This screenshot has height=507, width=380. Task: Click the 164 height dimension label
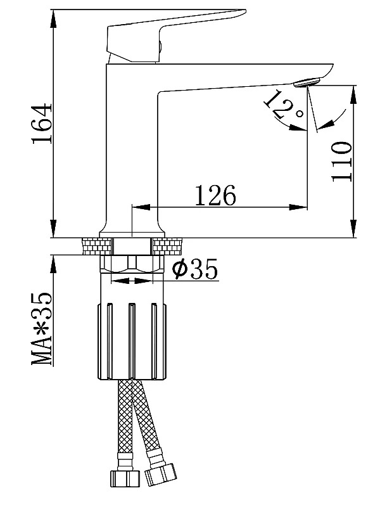coord(42,124)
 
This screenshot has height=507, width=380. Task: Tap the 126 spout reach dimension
coord(215,196)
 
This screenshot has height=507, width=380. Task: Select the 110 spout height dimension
coord(341,162)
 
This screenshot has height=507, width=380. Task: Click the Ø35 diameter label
coord(195,268)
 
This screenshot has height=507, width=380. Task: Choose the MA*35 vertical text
coord(42,328)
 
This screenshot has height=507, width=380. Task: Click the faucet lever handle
coord(175,35)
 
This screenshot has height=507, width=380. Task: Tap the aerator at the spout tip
coord(307,82)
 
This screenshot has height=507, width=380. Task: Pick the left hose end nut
coord(125,478)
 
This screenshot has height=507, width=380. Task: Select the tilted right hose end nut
coord(161,474)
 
